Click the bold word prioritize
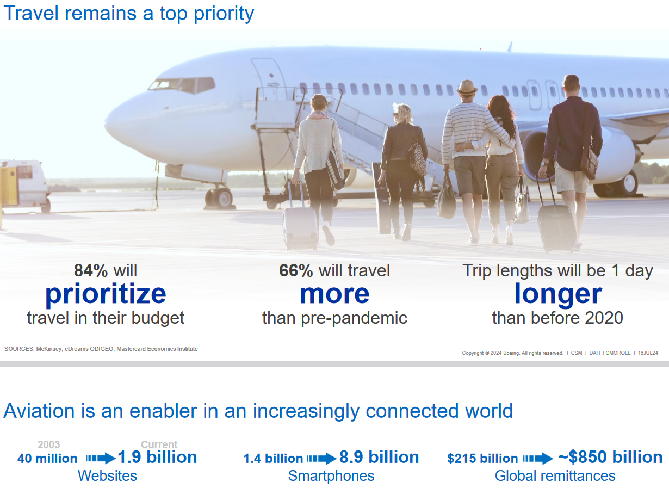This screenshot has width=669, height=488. [106, 294]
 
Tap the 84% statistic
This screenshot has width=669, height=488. [91, 270]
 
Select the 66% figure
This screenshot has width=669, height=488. [296, 270]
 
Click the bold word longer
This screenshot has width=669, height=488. [558, 294]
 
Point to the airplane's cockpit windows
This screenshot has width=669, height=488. [182, 85]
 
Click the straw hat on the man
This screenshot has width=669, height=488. [467, 88]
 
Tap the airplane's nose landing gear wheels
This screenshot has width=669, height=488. [219, 197]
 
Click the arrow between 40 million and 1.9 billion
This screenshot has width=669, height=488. [101, 458]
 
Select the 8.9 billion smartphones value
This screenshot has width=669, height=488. [379, 457]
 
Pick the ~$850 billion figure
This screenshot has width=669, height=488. [610, 457]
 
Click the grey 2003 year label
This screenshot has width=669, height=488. [49, 444]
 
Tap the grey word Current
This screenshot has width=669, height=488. [159, 444]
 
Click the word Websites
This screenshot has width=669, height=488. [108, 475]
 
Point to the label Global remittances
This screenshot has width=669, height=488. [555, 475]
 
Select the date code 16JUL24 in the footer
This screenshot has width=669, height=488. [648, 353]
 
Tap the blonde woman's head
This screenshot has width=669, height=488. [403, 114]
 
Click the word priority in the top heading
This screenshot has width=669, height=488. [224, 14]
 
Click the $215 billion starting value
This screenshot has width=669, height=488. [482, 459]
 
